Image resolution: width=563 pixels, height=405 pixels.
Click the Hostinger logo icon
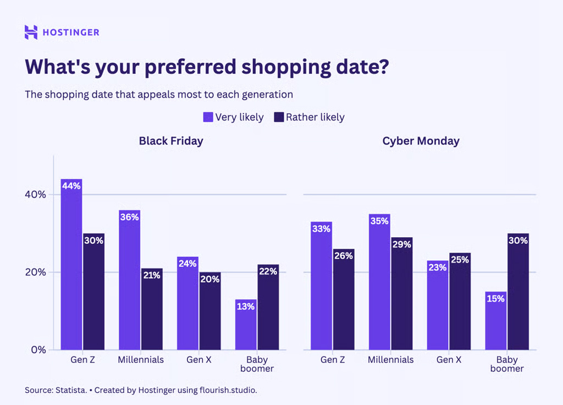pos(31,32)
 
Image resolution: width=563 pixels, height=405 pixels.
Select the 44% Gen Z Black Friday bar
pos(71,264)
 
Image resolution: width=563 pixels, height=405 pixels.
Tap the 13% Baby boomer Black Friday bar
pos(246,325)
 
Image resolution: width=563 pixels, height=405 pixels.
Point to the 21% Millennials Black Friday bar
pos(151,309)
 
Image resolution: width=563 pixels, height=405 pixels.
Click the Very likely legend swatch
pos(208,117)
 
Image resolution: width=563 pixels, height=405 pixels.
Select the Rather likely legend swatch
pos(279,117)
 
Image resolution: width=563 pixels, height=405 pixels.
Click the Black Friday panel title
pos(171,141)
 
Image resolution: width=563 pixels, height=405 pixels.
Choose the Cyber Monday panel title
pos(421,141)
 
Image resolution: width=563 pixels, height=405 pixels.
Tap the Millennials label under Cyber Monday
pos(390,360)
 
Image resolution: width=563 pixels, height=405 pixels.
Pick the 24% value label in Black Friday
pos(187,264)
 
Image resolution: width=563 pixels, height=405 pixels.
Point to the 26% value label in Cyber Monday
pos(343,256)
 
